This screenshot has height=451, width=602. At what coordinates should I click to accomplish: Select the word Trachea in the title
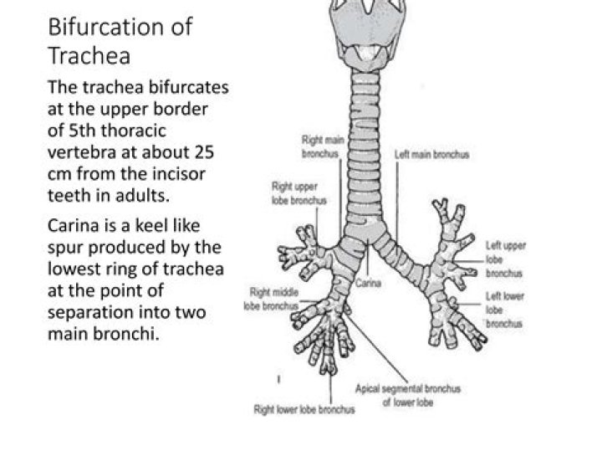pyautogui.click(x=89, y=56)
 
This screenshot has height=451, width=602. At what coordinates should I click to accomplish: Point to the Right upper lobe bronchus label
pyautogui.click(x=298, y=194)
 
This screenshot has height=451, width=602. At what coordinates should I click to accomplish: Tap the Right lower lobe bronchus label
pyautogui.click(x=304, y=409)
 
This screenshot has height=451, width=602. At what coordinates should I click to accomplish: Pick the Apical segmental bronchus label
pyautogui.click(x=407, y=395)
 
